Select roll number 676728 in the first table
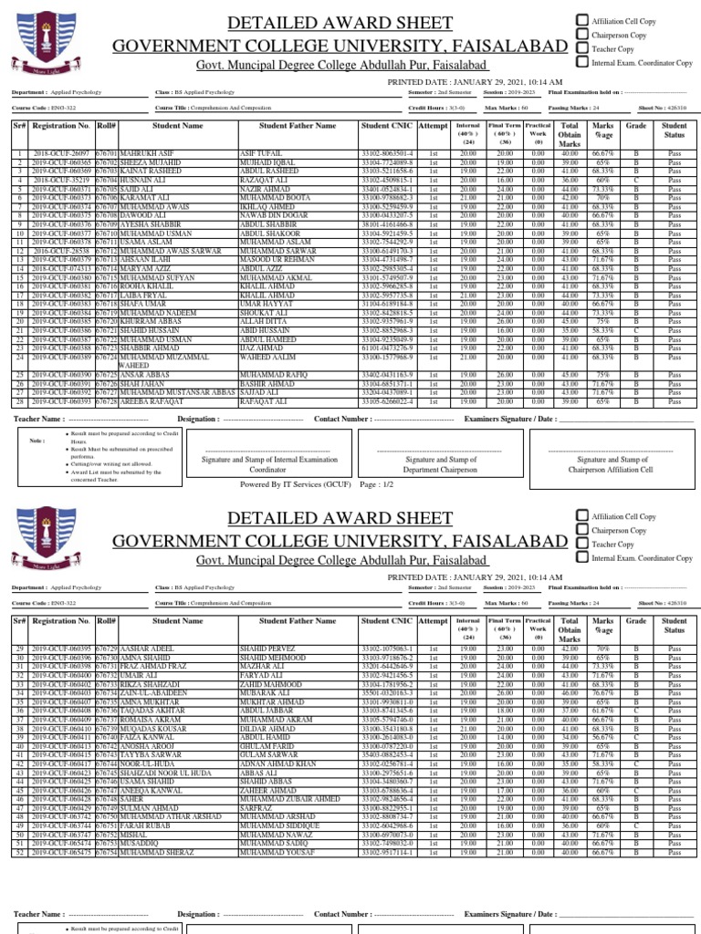pyautogui.click(x=107, y=400)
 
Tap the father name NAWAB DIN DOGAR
pyautogui.click(x=277, y=215)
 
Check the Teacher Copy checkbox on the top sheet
pyautogui.click(x=581, y=47)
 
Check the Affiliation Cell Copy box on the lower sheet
pyautogui.click(x=581, y=516)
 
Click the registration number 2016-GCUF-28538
pyautogui.click(x=63, y=249)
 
